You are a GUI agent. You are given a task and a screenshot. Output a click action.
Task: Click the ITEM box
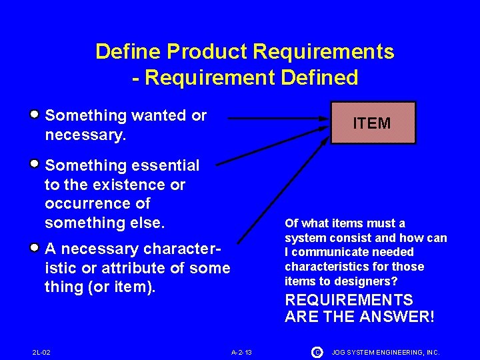click(373, 123)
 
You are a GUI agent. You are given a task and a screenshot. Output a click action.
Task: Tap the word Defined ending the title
click(319, 77)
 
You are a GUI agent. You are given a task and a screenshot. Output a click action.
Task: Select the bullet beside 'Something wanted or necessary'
click(34, 114)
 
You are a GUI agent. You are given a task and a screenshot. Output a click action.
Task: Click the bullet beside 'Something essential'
click(34, 163)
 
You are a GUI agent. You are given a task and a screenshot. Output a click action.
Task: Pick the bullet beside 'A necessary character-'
click(34, 247)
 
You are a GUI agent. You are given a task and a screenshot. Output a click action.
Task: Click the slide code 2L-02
click(41, 351)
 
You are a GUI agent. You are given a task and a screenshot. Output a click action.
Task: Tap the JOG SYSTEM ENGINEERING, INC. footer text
click(386, 351)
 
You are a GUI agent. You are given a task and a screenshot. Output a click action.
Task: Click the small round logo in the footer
click(317, 351)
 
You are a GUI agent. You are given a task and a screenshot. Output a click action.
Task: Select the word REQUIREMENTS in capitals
click(349, 300)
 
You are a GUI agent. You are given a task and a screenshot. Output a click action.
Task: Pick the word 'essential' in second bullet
click(166, 165)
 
